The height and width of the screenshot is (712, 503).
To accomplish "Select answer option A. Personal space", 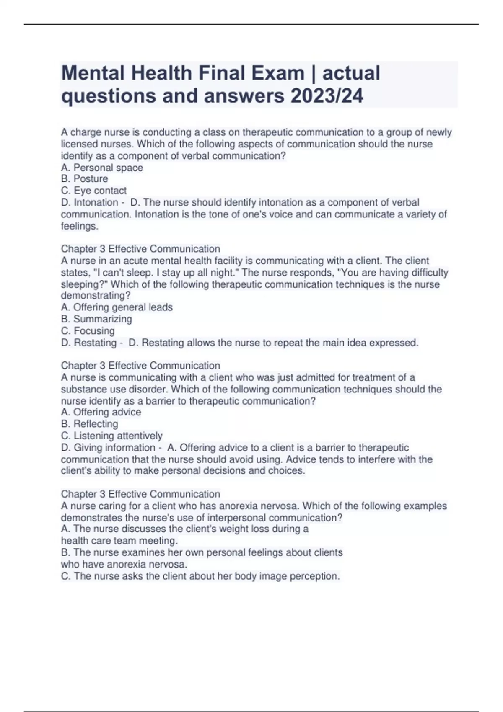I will [102, 168].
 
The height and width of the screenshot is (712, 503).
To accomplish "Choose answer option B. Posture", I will [84, 179].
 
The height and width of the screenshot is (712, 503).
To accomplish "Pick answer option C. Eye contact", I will [93, 191].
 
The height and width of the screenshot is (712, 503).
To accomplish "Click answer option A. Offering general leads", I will [117, 307].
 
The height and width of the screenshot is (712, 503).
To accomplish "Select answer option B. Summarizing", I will [96, 319].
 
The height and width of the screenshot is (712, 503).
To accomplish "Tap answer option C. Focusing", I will [88, 330].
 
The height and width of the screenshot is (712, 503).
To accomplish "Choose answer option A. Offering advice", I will [101, 412].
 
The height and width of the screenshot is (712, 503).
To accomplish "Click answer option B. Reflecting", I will [89, 424].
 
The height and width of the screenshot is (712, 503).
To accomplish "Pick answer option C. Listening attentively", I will [111, 436].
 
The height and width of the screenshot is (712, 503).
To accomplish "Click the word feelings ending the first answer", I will [79, 226].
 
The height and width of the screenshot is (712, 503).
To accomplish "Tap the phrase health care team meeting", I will [119, 541].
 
